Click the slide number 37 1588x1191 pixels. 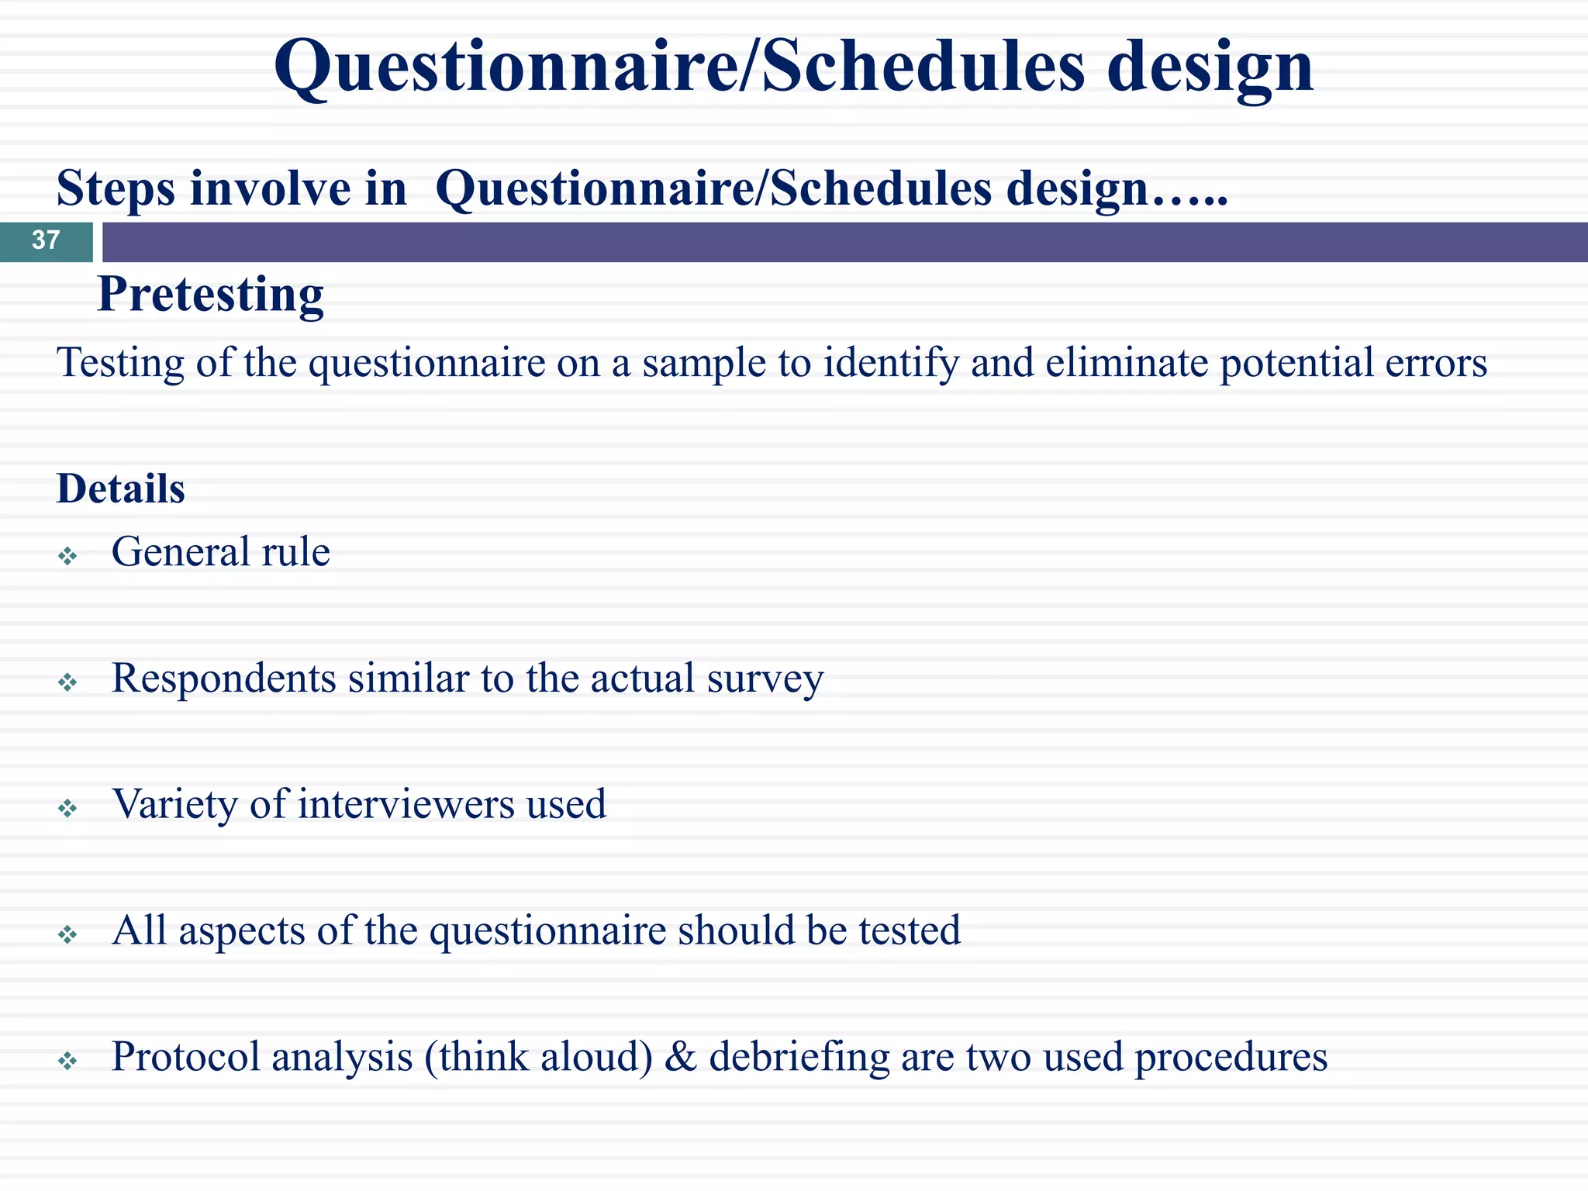(x=46, y=240)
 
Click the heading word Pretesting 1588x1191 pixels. (x=210, y=295)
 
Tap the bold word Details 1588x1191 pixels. (x=121, y=488)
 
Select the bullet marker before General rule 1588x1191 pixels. (x=68, y=556)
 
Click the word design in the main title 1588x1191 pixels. (x=1210, y=68)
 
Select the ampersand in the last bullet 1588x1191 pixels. (x=680, y=1057)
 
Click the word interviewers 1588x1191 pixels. (x=406, y=804)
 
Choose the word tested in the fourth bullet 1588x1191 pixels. (x=909, y=930)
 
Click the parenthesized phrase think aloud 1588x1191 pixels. (x=539, y=1057)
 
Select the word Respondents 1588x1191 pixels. (x=223, y=680)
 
